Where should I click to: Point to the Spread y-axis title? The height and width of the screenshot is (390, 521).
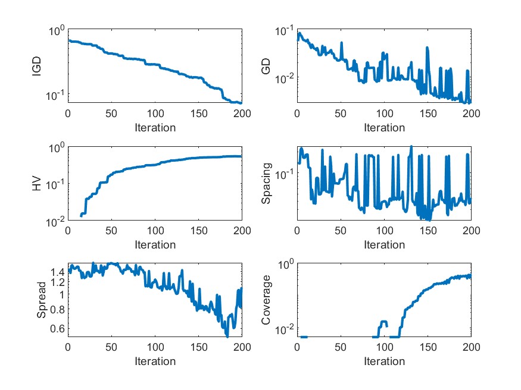tap(42, 301)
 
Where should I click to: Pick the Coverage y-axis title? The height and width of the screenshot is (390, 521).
tap(267, 301)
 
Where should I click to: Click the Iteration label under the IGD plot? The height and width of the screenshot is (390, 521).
tap(155, 127)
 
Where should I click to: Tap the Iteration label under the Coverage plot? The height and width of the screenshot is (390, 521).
tap(384, 361)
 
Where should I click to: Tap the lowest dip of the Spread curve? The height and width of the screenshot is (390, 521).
tap(227, 336)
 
